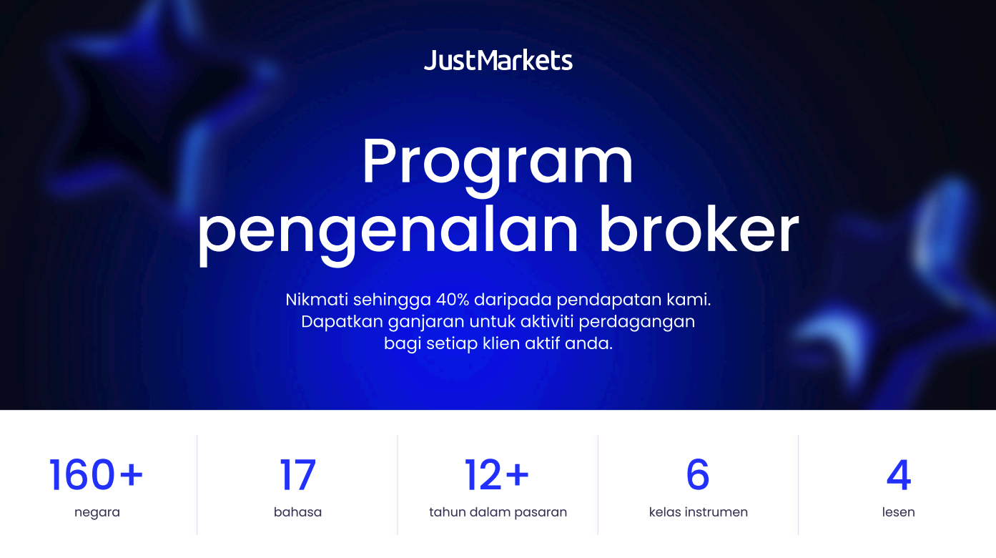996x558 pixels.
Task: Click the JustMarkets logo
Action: click(x=498, y=60)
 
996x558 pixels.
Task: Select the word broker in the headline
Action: click(x=699, y=229)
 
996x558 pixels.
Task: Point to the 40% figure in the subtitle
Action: click(x=453, y=300)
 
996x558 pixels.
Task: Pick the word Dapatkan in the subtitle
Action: click(x=342, y=322)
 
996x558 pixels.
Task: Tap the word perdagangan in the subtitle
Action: click(x=637, y=322)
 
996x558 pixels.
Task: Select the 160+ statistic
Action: click(x=96, y=475)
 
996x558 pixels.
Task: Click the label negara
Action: click(x=97, y=513)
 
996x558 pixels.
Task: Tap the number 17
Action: click(x=297, y=475)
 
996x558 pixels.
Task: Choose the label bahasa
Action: click(x=297, y=511)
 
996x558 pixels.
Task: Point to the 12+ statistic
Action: click(x=497, y=475)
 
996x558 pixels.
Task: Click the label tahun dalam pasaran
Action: click(x=498, y=512)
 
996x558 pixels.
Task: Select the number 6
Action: click(x=698, y=475)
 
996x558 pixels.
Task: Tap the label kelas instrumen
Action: click(x=698, y=511)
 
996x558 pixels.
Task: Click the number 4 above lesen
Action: click(x=899, y=475)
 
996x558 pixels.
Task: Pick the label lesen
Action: click(x=898, y=511)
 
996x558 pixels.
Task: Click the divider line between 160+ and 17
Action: click(x=197, y=485)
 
